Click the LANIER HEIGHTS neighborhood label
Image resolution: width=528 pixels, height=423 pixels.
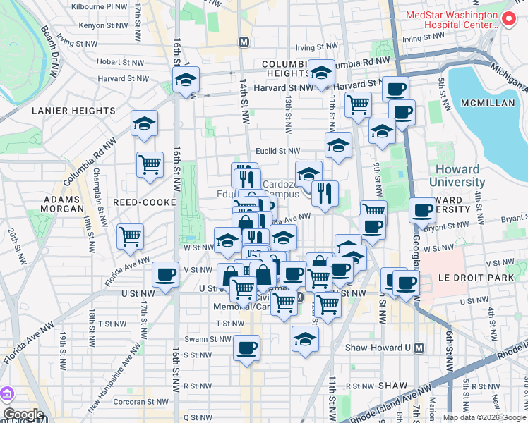pyautogui.click(x=73, y=111)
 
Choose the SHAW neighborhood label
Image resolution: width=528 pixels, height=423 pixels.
pyautogui.click(x=392, y=386)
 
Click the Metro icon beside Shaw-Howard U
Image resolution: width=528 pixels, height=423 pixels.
pyautogui.click(x=419, y=348)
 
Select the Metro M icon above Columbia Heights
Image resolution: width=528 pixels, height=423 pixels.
pyautogui.click(x=244, y=42)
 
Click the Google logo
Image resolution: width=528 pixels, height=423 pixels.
pyautogui.click(x=23, y=415)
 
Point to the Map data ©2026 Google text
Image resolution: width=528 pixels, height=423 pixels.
pyautogui.click(x=485, y=417)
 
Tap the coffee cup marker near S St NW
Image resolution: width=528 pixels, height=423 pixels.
pyautogui.click(x=246, y=348)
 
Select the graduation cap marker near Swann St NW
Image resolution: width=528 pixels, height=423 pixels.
pyautogui.click(x=305, y=338)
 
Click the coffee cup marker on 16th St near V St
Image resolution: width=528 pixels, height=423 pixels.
pyautogui.click(x=165, y=274)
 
